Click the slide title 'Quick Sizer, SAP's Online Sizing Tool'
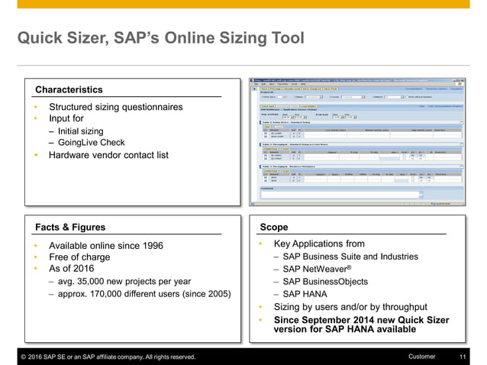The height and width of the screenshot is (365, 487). click(x=160, y=38)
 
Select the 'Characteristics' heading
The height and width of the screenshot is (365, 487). click(x=69, y=90)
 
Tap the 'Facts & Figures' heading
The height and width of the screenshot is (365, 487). click(x=70, y=227)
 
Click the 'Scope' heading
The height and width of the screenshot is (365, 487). click(x=274, y=227)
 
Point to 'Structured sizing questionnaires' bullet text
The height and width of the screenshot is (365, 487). click(x=115, y=107)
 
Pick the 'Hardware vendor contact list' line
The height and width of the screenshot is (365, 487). click(x=108, y=155)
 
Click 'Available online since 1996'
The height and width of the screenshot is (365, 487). click(x=105, y=245)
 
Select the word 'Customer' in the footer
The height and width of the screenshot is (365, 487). click(x=422, y=357)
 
